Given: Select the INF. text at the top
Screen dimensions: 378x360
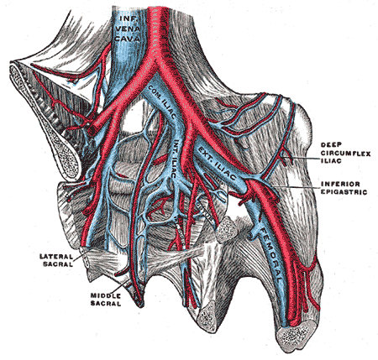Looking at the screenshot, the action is coord(128,18).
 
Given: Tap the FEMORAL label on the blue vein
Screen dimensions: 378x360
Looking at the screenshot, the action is coord(272,254).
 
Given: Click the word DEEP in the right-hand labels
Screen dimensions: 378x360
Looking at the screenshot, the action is coord(331,144).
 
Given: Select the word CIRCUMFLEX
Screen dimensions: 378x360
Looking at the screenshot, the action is coord(345,154).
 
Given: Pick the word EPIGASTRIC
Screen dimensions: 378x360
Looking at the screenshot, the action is coord(344,192).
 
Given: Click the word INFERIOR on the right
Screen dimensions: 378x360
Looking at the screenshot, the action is coord(340,184).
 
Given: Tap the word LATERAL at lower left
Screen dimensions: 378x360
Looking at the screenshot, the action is coord(56,256).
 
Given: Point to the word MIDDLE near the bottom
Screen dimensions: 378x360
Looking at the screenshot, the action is coord(105,295).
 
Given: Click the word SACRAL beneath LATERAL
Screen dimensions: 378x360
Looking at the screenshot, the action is coord(58,263).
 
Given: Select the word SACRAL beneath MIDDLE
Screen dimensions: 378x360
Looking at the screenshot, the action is coord(106,304).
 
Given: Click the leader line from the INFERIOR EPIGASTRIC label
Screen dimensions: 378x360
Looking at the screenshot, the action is coord(297,185).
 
